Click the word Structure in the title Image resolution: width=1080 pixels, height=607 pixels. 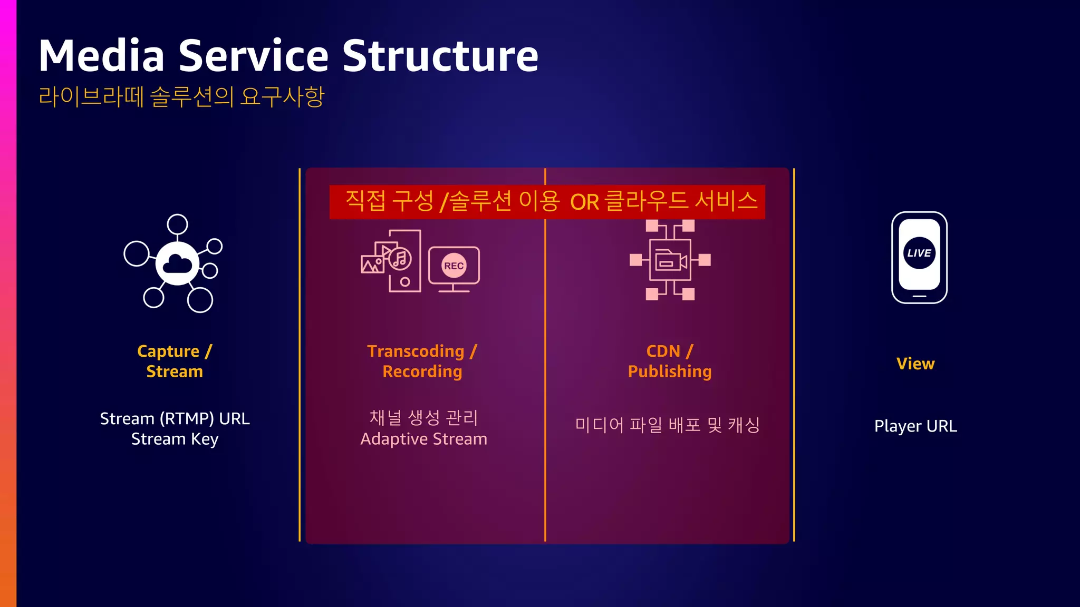click(440, 56)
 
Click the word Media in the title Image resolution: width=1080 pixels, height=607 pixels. click(102, 56)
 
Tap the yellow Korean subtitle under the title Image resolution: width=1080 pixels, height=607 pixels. click(181, 96)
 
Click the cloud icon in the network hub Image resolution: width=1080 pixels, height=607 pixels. click(177, 263)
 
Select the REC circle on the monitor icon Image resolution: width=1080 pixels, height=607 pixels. click(454, 266)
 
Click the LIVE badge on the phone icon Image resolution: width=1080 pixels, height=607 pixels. click(919, 253)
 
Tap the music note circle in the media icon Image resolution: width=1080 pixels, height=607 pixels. click(400, 259)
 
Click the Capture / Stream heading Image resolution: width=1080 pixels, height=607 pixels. click(175, 361)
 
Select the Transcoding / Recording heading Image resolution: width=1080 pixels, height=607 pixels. click(422, 361)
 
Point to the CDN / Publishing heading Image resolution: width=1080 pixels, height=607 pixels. click(670, 361)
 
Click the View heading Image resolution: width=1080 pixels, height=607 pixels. click(915, 364)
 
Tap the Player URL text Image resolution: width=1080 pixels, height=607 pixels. click(915, 426)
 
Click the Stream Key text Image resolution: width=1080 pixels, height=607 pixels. click(175, 439)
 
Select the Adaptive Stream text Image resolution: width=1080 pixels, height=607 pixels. click(423, 439)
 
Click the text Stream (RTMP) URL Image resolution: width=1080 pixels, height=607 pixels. click(175, 418)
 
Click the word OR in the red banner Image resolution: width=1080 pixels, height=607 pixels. click(584, 202)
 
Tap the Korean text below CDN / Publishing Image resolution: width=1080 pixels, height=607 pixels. click(668, 425)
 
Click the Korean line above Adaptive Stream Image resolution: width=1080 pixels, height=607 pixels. click(423, 418)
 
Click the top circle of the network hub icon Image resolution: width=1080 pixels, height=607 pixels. click(177, 224)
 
